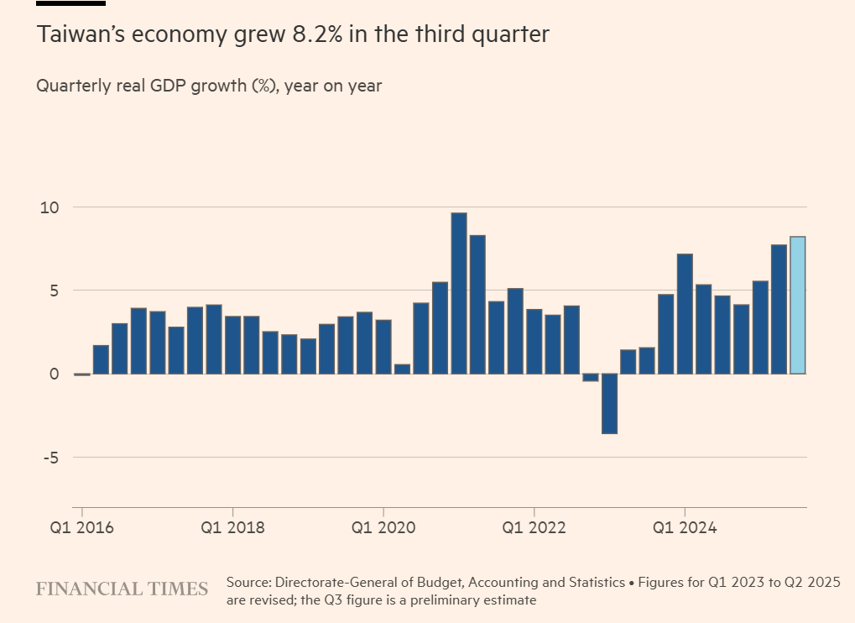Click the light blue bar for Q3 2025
click(x=798, y=306)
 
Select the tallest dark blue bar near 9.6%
click(x=459, y=293)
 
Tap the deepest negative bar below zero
click(x=609, y=404)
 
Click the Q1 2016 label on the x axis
click(x=81, y=528)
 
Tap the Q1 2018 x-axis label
click(x=232, y=528)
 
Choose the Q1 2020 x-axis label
click(x=383, y=528)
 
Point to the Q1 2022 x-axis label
click(x=534, y=528)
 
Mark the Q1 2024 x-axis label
click(x=686, y=528)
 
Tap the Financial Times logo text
click(x=122, y=589)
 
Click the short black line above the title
click(x=70, y=3)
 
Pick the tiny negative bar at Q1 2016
click(x=81, y=374)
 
